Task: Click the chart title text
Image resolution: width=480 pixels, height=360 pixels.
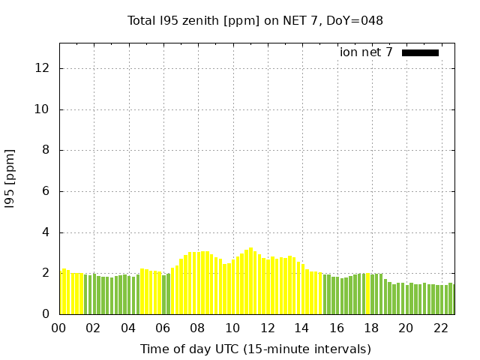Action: (x=255, y=21)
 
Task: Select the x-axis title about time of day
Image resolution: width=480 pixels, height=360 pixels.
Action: (x=255, y=349)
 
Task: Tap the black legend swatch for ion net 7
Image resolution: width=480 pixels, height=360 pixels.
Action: (x=420, y=52)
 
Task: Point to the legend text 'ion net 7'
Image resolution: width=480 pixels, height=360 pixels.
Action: (x=366, y=52)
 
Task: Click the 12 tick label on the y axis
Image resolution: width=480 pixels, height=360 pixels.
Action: (x=43, y=68)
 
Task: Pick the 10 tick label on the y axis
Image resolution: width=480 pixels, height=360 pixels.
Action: (x=43, y=109)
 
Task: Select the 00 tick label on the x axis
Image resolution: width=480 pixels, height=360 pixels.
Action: (x=59, y=328)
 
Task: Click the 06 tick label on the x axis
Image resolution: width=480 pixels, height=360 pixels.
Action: (x=163, y=328)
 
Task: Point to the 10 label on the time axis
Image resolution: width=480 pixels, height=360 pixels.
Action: (x=232, y=328)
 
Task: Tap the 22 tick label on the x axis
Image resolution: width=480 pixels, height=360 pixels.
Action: (x=441, y=328)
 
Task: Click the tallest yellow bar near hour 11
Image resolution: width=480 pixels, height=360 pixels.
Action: (x=250, y=281)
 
